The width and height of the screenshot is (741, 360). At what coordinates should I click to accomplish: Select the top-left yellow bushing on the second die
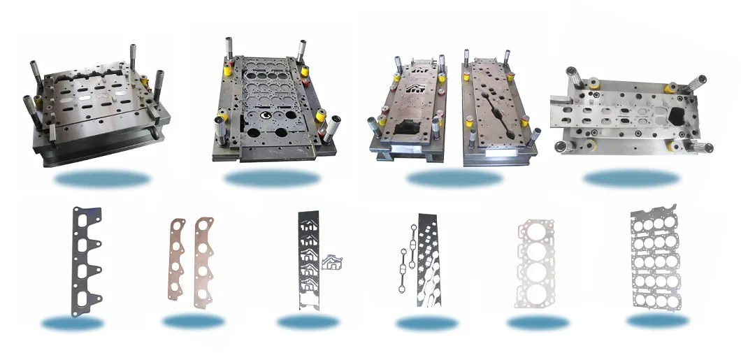[x=227, y=69]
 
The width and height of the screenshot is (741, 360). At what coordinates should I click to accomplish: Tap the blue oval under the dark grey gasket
[x=73, y=322]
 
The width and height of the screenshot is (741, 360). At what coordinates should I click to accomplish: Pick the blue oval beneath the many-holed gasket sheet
[x=658, y=321]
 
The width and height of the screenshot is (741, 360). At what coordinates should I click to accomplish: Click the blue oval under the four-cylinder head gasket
[x=538, y=322]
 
